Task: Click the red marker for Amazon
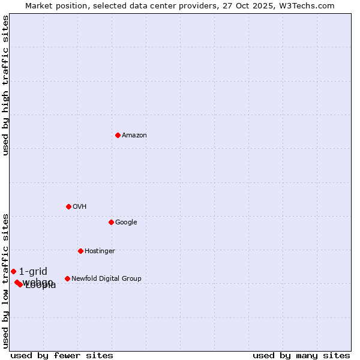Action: [118, 135]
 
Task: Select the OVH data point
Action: [68, 206]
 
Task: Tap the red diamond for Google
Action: [111, 222]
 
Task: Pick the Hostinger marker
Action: [80, 251]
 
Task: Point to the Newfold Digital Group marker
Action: [67, 278]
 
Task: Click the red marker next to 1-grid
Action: [13, 271]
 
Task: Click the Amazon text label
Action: [134, 136]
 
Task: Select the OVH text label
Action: [80, 207]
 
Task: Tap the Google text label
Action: [126, 223]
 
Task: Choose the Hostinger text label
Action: [100, 251]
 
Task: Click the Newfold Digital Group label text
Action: [106, 279]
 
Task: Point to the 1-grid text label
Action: [33, 271]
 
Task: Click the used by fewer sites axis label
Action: [62, 355]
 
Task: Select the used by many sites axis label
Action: [301, 355]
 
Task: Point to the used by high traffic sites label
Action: [5, 85]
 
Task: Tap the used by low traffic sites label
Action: [5, 281]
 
